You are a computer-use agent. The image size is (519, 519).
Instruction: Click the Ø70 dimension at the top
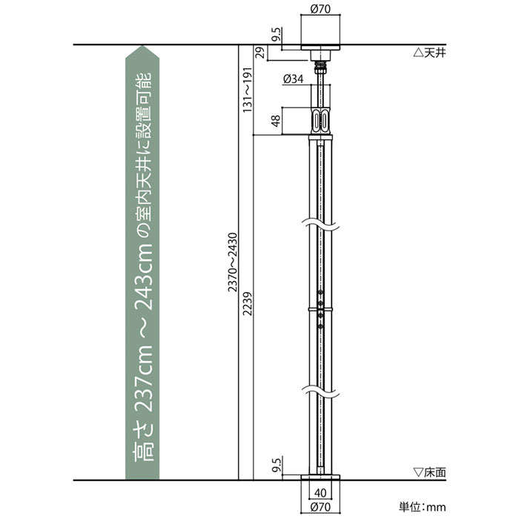(320, 9)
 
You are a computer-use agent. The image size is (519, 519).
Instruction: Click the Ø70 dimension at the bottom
(320, 506)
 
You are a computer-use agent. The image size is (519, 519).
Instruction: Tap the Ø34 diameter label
(294, 79)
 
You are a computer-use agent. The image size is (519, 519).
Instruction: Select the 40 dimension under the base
(320, 493)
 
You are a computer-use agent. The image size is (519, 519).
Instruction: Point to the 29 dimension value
(261, 53)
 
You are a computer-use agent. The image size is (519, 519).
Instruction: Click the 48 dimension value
(275, 121)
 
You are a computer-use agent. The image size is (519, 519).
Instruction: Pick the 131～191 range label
(248, 90)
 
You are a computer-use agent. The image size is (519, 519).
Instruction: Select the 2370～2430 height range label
(233, 262)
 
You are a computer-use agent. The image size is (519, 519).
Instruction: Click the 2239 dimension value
(248, 303)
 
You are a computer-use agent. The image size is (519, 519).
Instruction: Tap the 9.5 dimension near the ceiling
(276, 35)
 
